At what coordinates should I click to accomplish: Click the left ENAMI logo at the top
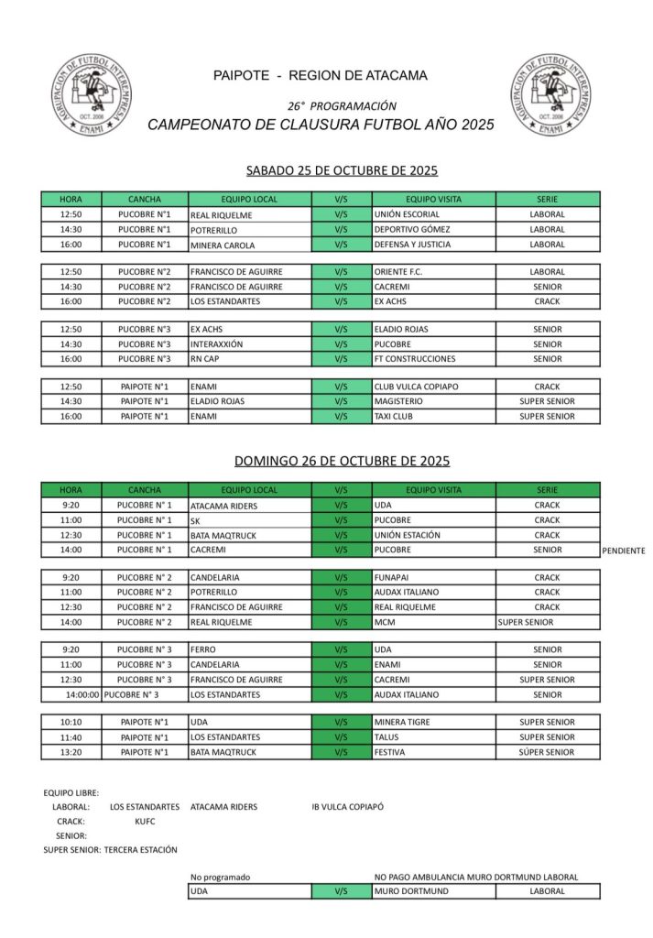(x=91, y=94)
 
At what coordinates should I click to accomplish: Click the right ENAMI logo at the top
(x=551, y=94)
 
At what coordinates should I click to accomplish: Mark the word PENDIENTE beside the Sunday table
(x=624, y=551)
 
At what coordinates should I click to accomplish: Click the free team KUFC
(x=145, y=822)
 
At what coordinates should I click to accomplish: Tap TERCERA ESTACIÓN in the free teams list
(x=141, y=850)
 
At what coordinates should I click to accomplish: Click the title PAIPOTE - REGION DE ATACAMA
(x=320, y=75)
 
